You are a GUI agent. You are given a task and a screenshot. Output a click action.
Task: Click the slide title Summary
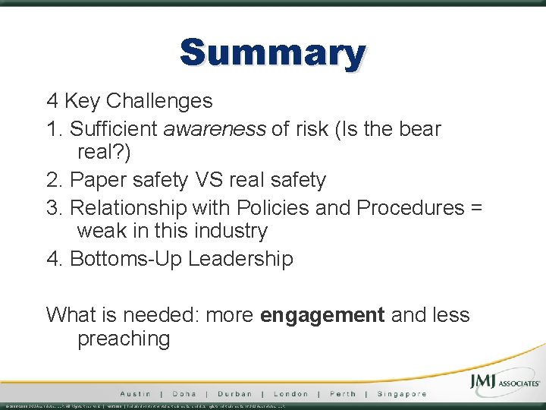[x=273, y=54]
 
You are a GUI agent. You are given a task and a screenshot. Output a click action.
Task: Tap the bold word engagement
[x=322, y=315]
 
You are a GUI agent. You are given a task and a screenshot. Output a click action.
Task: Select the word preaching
[x=124, y=339]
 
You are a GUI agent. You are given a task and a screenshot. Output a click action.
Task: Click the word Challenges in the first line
[x=159, y=100]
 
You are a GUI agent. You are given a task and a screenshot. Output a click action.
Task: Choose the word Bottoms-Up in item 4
[x=125, y=259]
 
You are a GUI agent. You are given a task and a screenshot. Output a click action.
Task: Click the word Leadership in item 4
[x=240, y=259]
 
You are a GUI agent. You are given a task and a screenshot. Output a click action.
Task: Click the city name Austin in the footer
[x=135, y=394]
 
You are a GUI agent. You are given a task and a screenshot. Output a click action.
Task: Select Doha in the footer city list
[x=184, y=394]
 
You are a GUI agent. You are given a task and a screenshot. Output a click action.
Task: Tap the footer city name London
[x=290, y=394]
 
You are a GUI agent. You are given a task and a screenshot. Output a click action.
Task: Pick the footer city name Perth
[x=342, y=394]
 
